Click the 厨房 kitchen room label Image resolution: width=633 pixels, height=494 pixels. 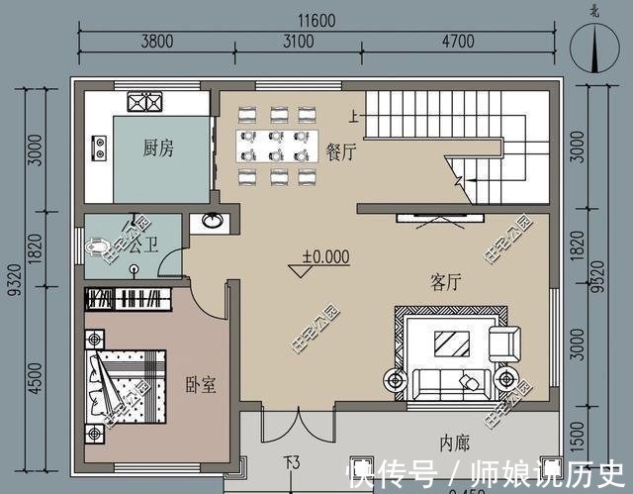pyautogui.click(x=158, y=148)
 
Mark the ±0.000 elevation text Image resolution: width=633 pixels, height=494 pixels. pyautogui.click(x=325, y=256)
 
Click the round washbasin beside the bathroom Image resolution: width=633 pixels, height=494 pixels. pyautogui.click(x=211, y=222)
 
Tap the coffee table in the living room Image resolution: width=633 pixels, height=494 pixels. pyautogui.click(x=453, y=344)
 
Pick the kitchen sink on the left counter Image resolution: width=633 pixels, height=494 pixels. pyautogui.click(x=99, y=148)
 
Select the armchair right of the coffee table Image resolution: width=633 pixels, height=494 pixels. pyautogui.click(x=503, y=344)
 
